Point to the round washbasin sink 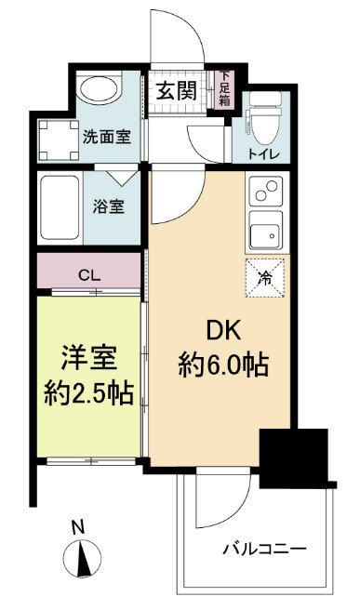click(x=98, y=90)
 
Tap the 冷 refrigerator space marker click(x=266, y=277)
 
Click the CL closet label click(x=89, y=275)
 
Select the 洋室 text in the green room click(x=88, y=358)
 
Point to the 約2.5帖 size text click(x=88, y=392)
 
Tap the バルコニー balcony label click(x=263, y=549)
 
